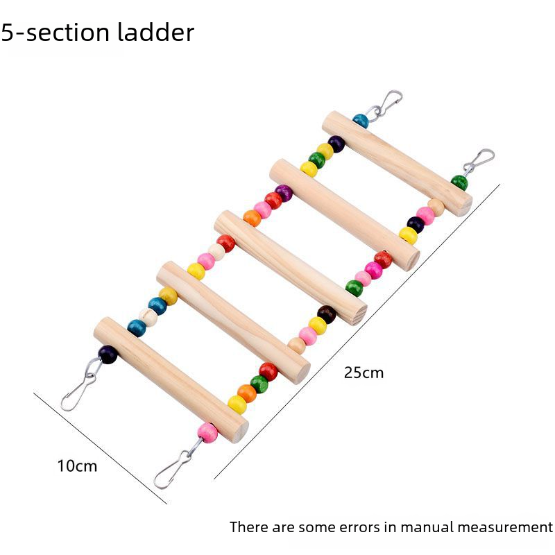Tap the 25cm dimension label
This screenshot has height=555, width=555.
(x=364, y=373)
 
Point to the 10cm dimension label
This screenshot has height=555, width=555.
(x=77, y=466)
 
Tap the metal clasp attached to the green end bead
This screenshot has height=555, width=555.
(x=479, y=162)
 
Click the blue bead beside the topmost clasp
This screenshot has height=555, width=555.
(x=361, y=121)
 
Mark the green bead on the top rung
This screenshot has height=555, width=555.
(x=459, y=183)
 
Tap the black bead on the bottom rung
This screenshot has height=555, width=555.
(x=108, y=355)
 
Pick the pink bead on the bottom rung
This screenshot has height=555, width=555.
(x=207, y=433)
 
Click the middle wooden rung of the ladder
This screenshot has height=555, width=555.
(x=290, y=268)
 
